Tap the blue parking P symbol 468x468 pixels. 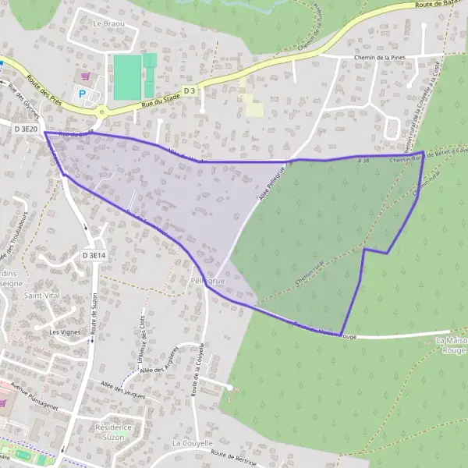pos(82,94)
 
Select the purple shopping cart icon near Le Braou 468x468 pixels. pos(87,76)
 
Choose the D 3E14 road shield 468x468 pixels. pos(94,255)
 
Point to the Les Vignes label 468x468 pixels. pos(65,331)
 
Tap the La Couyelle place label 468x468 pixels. pos(192,443)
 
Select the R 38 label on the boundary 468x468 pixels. pos(362,160)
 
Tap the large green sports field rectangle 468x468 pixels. pos(127,76)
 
